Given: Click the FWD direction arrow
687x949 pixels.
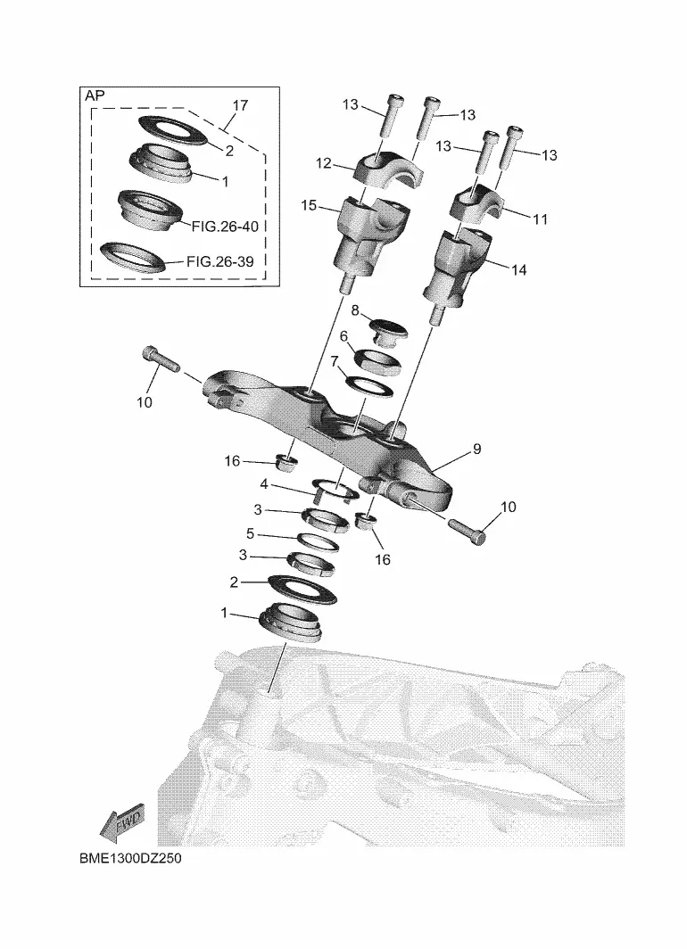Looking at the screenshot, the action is tap(123, 822).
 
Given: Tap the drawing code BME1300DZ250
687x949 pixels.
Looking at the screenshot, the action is tap(130, 858).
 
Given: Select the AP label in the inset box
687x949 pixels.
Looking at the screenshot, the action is tap(95, 95).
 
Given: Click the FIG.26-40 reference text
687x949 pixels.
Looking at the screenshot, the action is tap(225, 227).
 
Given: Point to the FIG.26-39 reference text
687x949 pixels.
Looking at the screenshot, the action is tap(219, 261).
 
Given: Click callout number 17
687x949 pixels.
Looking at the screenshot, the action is tap(240, 105).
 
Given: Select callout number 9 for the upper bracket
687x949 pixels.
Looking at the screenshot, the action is tap(477, 450).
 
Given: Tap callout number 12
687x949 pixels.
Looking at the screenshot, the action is tap(324, 163).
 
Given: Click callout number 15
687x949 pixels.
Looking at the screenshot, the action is tap(309, 206).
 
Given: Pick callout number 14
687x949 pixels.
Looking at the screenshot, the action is tap(518, 270).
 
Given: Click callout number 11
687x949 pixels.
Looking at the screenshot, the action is tap(540, 219).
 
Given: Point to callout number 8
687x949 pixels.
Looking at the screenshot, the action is tap(355, 310).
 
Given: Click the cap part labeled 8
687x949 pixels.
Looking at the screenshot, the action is tap(388, 330).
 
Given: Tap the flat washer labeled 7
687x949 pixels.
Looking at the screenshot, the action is tap(368, 386).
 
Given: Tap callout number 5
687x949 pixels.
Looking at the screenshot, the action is tap(250, 534).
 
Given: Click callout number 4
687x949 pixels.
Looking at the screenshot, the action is tap(264, 485).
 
